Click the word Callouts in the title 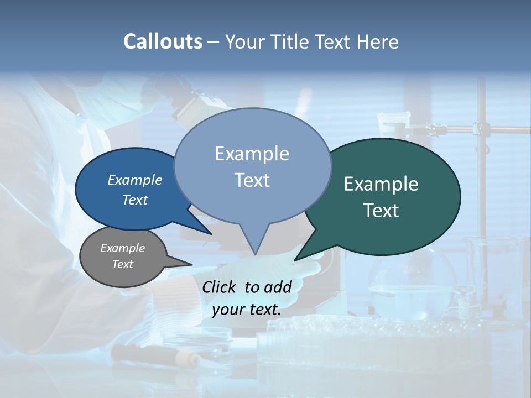click(163, 41)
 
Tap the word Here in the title click(378, 41)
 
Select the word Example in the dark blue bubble click(134, 180)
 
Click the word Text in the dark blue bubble click(134, 200)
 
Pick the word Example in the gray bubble click(122, 248)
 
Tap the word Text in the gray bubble click(122, 264)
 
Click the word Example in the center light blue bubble click(252, 154)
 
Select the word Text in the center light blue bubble click(252, 180)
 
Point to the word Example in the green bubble click(381, 184)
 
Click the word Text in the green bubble click(381, 211)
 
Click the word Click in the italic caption click(220, 287)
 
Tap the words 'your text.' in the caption click(247, 310)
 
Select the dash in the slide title click(214, 42)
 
